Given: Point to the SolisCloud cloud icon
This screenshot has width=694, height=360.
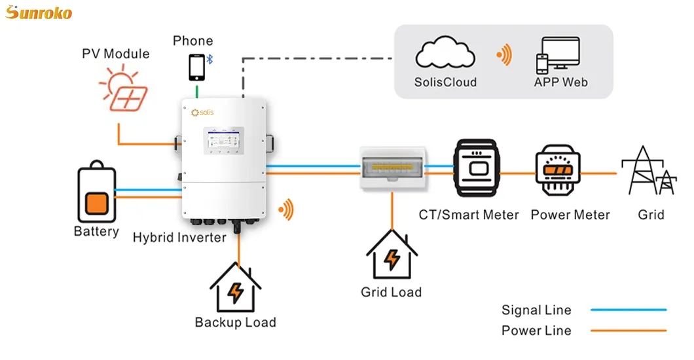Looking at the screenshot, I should (445, 54).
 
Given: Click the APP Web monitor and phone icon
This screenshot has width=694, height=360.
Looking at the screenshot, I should (560, 54).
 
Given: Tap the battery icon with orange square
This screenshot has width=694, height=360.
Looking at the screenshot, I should (96, 195).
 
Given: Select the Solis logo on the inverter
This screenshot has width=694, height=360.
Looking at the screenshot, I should (202, 113).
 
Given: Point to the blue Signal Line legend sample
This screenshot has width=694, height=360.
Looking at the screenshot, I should (628, 310).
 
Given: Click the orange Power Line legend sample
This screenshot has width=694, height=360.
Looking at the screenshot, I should (628, 331).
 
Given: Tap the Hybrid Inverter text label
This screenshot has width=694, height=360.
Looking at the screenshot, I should (179, 237).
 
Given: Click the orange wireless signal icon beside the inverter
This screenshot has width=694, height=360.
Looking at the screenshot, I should (286, 210).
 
